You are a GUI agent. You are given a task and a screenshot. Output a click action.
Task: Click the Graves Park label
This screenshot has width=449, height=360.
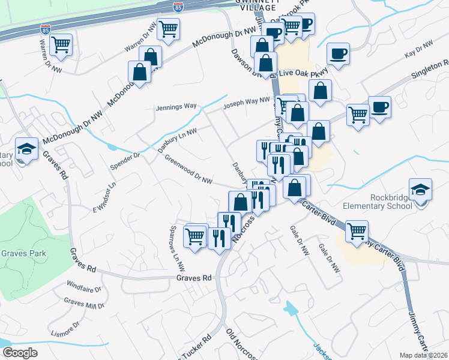[23, 253]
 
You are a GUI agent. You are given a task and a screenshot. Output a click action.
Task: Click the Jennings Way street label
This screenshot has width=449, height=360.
[176, 106]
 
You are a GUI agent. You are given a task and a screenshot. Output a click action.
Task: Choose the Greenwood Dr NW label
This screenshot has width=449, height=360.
[188, 171]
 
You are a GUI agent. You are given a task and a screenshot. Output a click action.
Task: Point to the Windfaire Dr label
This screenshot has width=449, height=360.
[84, 286]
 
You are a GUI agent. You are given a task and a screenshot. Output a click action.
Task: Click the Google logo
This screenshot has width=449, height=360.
[20, 353]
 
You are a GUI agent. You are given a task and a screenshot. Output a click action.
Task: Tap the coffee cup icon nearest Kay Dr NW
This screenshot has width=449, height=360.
[338, 54]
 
